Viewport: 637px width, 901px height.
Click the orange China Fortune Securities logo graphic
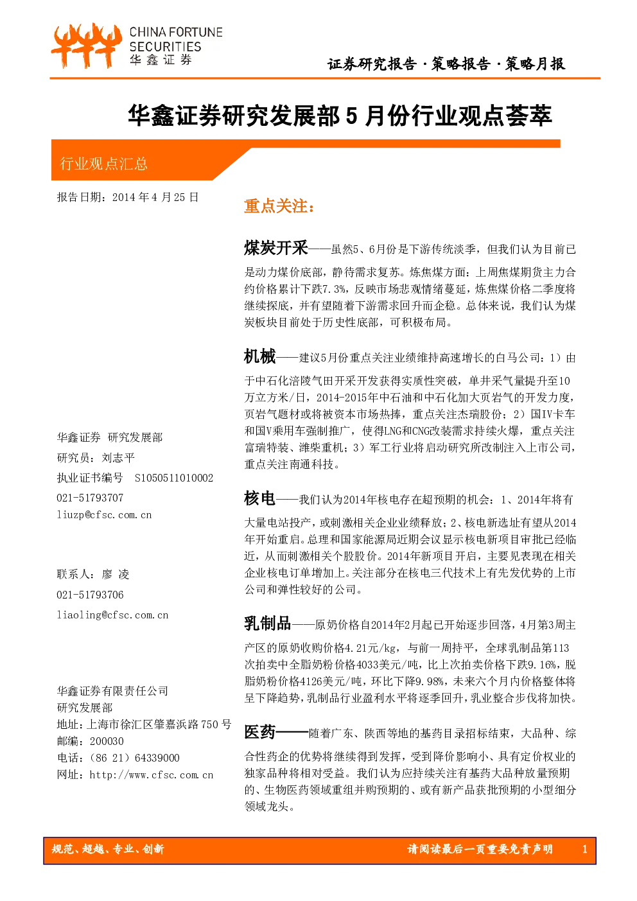click(87, 46)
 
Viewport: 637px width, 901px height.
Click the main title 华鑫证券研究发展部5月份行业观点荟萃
click(340, 116)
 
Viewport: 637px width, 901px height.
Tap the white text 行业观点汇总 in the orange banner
click(104, 164)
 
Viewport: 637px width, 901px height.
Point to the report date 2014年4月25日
click(155, 197)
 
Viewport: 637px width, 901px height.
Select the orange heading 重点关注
click(279, 206)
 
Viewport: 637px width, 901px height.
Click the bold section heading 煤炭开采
click(276, 247)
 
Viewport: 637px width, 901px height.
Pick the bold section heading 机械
click(260, 356)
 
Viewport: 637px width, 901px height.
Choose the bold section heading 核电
click(260, 498)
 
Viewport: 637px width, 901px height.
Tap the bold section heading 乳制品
click(267, 624)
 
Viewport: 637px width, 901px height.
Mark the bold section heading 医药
click(260, 732)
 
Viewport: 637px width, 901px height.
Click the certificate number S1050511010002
click(174, 478)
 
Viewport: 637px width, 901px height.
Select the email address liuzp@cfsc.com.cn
click(104, 515)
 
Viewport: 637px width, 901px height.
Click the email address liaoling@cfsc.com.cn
click(112, 615)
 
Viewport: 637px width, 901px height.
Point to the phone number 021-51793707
click(90, 498)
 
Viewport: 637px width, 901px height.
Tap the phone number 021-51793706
click(90, 595)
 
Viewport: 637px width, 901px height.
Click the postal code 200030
click(107, 741)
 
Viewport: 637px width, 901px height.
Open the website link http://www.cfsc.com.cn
click(151, 774)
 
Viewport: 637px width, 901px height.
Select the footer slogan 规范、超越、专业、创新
click(108, 849)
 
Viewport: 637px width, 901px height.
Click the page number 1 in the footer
click(585, 849)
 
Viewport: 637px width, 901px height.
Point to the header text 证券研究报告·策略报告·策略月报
click(446, 64)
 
